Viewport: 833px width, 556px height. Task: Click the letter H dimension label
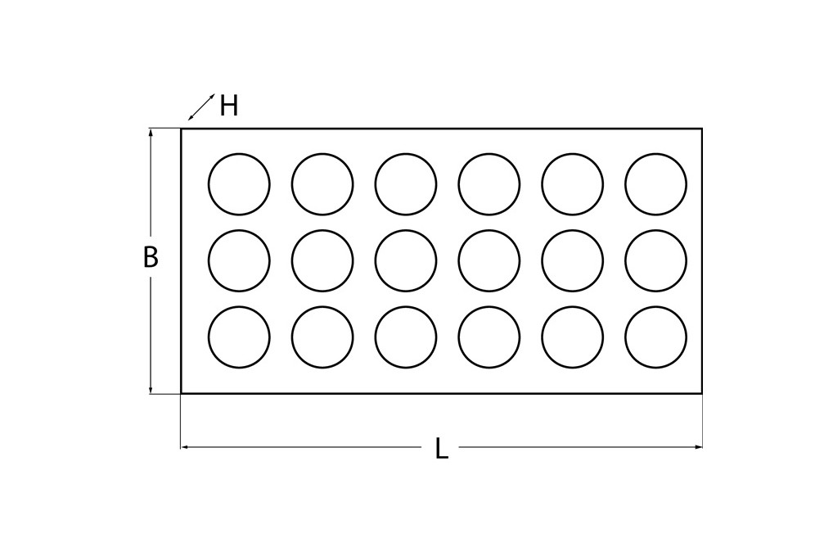229,106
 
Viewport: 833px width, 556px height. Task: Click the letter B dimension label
151,257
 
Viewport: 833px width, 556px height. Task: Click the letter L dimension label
441,448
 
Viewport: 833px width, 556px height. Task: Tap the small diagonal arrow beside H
201,107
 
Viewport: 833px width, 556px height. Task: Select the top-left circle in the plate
239,184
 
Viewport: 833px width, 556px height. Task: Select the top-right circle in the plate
655,184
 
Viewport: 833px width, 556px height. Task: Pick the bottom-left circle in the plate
239,337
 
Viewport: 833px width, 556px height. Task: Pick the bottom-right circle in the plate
655,337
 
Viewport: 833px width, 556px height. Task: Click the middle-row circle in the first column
239,260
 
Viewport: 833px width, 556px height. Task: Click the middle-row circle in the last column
655,260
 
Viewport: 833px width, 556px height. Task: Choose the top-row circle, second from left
322,184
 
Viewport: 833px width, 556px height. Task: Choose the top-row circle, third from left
406,184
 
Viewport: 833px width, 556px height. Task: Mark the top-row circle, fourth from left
489,184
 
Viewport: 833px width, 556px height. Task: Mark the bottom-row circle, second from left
322,337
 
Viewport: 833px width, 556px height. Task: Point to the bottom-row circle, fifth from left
573,337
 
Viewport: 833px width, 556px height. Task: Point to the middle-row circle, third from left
406,260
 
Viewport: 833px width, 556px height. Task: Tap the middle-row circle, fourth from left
489,260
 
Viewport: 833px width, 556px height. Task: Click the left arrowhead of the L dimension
184,447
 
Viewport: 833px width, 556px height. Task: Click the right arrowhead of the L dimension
699,447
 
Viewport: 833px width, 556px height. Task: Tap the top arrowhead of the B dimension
151,132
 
